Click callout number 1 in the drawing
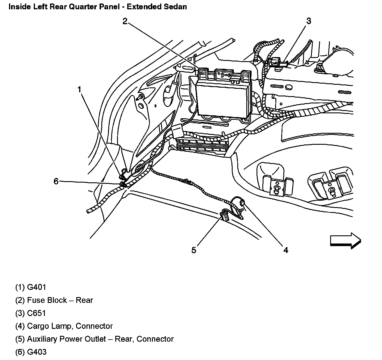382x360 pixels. pyautogui.click(x=79, y=89)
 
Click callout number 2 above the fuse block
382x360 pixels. pyautogui.click(x=125, y=21)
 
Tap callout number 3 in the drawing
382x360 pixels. pyautogui.click(x=309, y=21)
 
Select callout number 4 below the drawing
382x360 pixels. pyautogui.click(x=286, y=250)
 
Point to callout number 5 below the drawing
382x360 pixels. pyautogui.click(x=194, y=250)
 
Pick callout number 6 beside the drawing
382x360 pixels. pyautogui.click(x=56, y=181)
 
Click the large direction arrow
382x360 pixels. pyautogui.click(x=345, y=241)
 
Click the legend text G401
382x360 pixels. pyautogui.click(x=36, y=287)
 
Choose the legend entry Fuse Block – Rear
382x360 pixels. pyautogui.click(x=60, y=300)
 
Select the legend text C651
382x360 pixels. pyautogui.click(x=36, y=313)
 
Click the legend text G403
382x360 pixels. pyautogui.click(x=37, y=352)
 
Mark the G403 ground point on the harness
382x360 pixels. pyautogui.click(x=123, y=184)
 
